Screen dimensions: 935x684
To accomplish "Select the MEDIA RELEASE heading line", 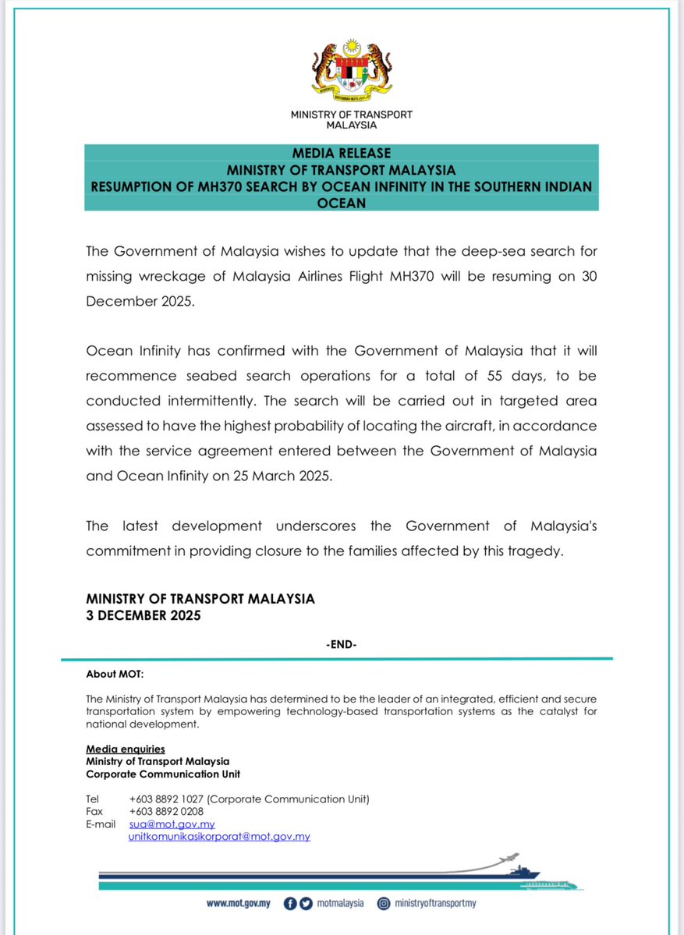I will coord(342,153).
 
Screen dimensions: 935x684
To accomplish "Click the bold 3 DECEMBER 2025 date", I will coord(144,615).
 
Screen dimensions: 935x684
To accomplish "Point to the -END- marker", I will coord(342,645).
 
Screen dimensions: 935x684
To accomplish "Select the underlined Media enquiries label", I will coord(125,749).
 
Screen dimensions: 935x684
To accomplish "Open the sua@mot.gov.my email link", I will coord(172,824).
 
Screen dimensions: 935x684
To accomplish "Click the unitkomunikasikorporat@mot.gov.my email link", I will coord(219,837).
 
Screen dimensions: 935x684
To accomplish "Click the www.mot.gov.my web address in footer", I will coord(238,903).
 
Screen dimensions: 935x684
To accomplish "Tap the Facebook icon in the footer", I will coord(290,903).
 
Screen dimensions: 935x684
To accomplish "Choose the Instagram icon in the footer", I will coord(384,903).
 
